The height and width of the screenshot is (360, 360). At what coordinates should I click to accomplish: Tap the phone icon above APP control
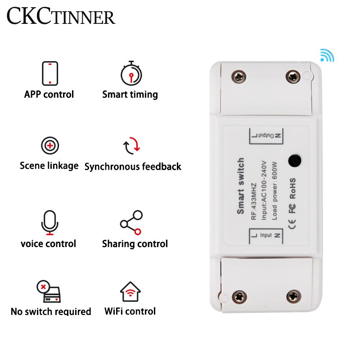pos(49,73)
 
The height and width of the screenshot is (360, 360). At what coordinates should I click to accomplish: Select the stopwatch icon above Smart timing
pos(131,73)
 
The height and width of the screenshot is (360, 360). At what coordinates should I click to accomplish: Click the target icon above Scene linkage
pos(49,146)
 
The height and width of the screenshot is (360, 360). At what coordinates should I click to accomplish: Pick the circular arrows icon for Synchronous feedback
pos(132,146)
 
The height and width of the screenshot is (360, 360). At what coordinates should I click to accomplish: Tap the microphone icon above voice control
pos(49,222)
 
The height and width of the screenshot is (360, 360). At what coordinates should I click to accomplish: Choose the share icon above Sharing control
pos(131,222)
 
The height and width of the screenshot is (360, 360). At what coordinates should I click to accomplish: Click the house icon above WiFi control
pos(130,292)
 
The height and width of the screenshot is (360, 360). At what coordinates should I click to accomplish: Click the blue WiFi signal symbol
pos(327,55)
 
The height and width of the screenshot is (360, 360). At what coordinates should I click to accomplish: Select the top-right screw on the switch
pos(293,76)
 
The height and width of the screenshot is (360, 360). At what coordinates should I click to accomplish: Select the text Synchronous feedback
pos(133,166)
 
